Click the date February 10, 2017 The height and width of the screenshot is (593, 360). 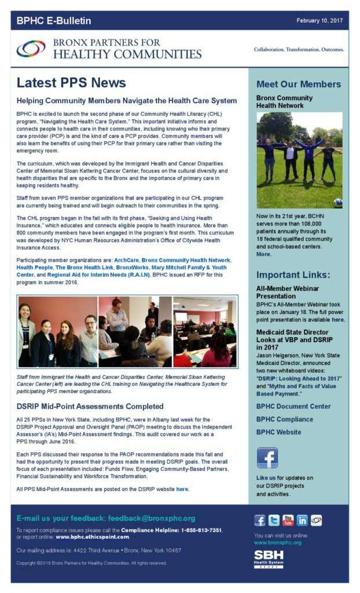point(319,20)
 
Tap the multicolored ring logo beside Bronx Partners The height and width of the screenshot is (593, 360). point(31,49)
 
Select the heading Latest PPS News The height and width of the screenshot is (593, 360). point(71,82)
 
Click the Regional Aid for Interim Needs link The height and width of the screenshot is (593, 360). point(105,275)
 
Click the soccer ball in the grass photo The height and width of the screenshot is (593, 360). point(337,203)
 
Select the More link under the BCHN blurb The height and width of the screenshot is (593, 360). point(263,254)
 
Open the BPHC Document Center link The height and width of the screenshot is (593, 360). point(293,406)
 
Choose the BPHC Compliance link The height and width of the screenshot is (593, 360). point(284,419)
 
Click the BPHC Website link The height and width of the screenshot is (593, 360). point(278,432)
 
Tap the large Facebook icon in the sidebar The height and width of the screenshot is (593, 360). point(267,458)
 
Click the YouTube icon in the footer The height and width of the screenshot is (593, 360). point(288,520)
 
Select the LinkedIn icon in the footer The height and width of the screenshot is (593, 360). point(302,520)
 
